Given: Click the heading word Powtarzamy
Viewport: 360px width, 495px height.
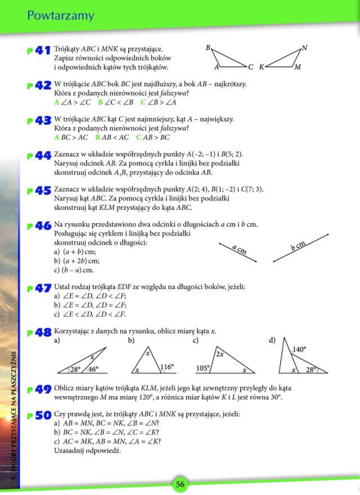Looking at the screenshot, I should pyautogui.click(x=61, y=16).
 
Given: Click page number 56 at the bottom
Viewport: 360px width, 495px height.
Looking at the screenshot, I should pyautogui.click(x=180, y=484).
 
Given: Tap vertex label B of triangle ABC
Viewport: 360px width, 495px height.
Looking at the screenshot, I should pyautogui.click(x=208, y=48).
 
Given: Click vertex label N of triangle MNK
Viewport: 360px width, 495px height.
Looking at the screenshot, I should pyautogui.click(x=304, y=48).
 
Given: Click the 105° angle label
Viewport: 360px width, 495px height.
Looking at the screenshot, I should pyautogui.click(x=202, y=368).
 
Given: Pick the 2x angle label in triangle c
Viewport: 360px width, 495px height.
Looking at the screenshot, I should pyautogui.click(x=219, y=354).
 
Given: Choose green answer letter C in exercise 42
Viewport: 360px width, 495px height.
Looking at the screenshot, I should pyautogui.click(x=143, y=102).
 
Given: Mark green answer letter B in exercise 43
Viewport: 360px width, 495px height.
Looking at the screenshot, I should pyautogui.click(x=97, y=137).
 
